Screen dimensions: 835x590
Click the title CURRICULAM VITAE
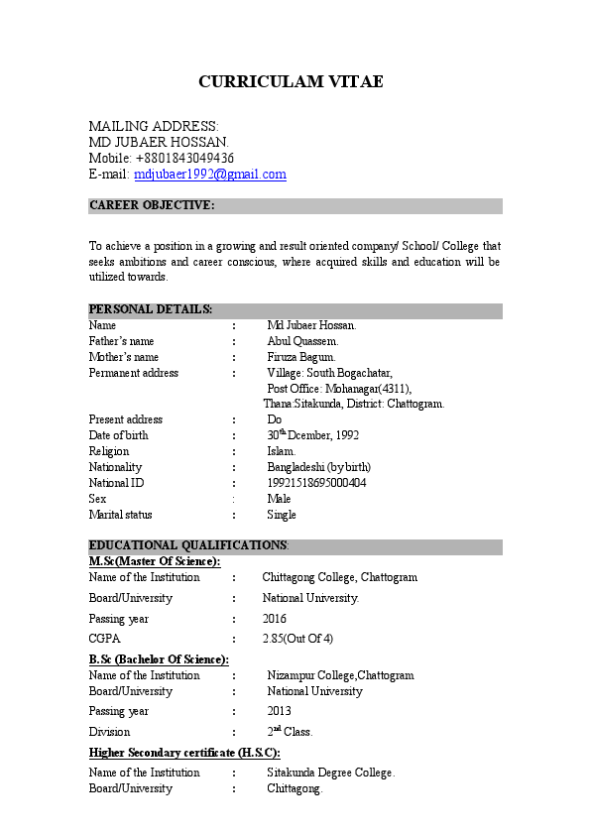[291, 81]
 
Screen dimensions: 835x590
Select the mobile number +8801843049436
[184, 159]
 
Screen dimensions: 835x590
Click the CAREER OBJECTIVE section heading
[151, 205]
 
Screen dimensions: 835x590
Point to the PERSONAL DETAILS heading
[151, 310]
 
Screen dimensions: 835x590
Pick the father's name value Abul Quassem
[302, 341]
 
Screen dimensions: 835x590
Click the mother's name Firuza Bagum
[301, 357]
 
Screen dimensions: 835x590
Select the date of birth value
[312, 435]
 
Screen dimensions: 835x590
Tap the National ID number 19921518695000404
[316, 483]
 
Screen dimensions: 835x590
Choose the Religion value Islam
[282, 451]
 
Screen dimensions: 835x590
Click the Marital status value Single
[282, 515]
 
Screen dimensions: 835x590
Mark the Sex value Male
[279, 499]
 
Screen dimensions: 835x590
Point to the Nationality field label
[115, 467]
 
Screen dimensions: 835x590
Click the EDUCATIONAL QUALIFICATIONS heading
[188, 546]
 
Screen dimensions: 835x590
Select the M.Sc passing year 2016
[275, 619]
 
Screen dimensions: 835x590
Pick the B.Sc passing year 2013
[279, 711]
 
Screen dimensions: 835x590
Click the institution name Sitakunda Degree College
[330, 773]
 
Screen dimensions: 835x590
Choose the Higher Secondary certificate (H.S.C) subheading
[184, 753]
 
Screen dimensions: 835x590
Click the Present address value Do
[275, 419]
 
